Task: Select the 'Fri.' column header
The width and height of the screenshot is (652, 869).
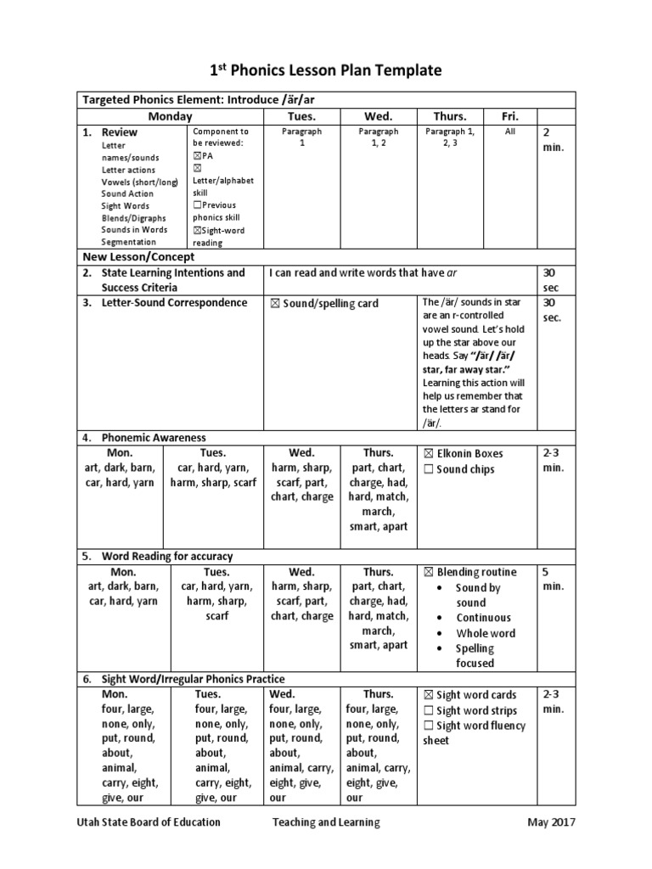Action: (x=510, y=116)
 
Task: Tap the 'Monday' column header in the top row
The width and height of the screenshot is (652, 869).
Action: (x=171, y=116)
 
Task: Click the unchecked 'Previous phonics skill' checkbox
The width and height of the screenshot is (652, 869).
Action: (x=198, y=205)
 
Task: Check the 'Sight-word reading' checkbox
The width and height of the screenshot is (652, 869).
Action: (x=198, y=230)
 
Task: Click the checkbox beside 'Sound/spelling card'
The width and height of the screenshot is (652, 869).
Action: (x=275, y=304)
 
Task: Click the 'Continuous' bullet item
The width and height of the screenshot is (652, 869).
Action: (x=484, y=618)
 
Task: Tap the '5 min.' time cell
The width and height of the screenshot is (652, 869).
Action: (x=553, y=579)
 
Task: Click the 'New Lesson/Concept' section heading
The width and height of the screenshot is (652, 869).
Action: (x=138, y=256)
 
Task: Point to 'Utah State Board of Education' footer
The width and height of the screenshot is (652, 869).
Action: (x=149, y=821)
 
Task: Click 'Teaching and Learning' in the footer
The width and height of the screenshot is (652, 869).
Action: (x=326, y=821)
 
